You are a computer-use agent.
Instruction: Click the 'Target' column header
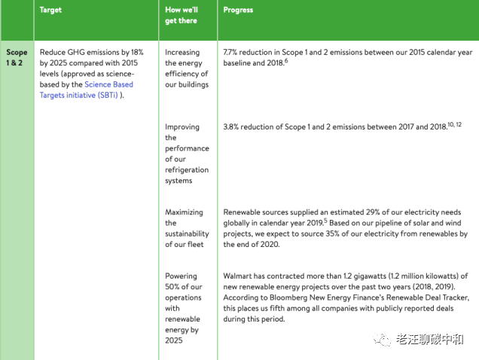[51, 11]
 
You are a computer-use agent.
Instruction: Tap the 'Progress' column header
[238, 11]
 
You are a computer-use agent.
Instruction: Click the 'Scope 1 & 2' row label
[17, 58]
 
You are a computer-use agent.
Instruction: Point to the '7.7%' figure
[233, 53]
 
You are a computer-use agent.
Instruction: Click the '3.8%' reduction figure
[233, 127]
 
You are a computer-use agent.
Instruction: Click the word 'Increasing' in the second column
[182, 53]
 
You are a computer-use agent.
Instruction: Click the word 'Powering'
[182, 276]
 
